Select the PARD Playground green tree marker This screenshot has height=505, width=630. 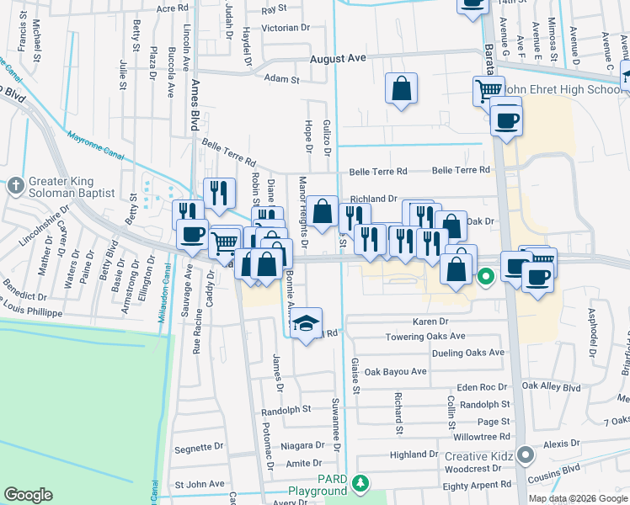[360, 483]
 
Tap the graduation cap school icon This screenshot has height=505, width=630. [306, 322]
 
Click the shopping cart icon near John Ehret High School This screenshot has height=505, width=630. [488, 90]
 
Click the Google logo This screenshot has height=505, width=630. [28, 495]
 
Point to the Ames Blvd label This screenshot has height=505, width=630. [195, 106]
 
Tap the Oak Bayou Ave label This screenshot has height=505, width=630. [398, 371]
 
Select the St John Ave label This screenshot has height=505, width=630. [200, 485]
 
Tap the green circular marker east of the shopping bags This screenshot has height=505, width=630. [486, 275]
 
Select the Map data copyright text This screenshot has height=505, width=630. [578, 498]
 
